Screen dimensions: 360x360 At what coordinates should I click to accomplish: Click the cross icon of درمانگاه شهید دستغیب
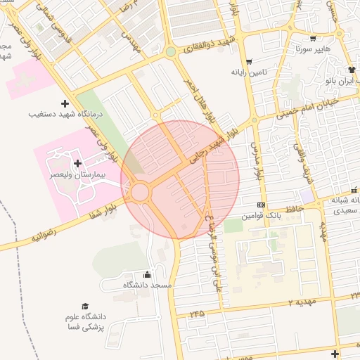click(65, 103)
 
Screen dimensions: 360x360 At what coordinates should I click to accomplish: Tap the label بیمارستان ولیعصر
click(75, 173)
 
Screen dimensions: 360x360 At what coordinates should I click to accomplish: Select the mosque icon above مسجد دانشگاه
click(147, 275)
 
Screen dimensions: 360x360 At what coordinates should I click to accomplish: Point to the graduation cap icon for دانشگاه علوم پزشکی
click(85, 307)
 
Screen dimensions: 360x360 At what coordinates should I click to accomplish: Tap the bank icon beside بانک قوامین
click(262, 205)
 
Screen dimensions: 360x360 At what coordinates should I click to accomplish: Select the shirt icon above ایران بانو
click(352, 70)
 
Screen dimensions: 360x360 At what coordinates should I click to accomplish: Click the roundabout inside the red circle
click(139, 192)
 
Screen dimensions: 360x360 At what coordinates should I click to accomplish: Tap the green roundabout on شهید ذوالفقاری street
click(170, 51)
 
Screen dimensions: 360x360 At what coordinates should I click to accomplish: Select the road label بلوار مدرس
click(257, 161)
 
